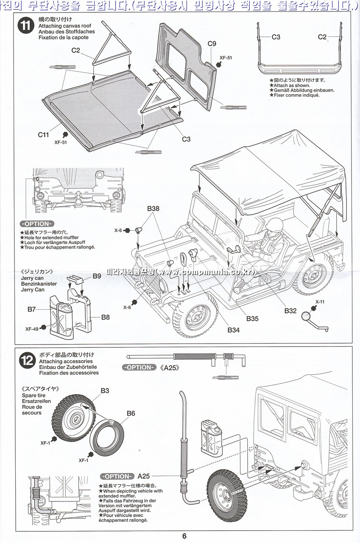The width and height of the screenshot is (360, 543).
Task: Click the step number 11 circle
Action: [x=25, y=25]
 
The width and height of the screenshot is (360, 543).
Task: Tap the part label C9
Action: [x=212, y=43]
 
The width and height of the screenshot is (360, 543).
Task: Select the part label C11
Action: [x=44, y=134]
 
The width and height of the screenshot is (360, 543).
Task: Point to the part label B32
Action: [x=290, y=311]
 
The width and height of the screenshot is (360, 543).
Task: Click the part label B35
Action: [x=253, y=319]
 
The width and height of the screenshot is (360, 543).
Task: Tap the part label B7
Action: [x=32, y=309]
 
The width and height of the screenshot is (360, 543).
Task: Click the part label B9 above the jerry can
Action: [x=97, y=276]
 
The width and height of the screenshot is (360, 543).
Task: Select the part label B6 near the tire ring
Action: [x=130, y=413]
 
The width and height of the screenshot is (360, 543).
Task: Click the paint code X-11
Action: [x=320, y=302]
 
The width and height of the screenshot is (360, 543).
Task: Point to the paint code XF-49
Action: [x=32, y=328]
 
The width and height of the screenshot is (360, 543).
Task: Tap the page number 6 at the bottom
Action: [x=184, y=536]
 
